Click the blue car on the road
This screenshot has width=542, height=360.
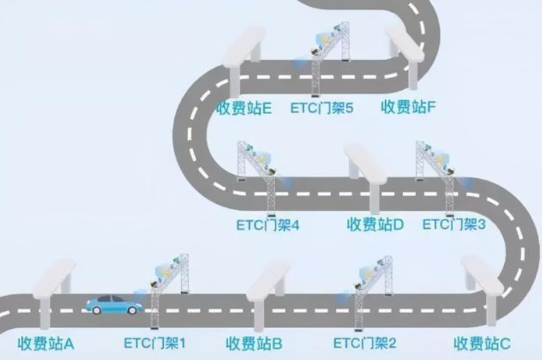click(114, 305)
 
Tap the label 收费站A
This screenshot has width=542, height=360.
click(46, 344)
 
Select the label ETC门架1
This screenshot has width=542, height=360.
click(155, 343)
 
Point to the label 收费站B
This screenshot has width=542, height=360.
click(254, 344)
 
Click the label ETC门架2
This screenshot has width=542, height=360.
click(365, 343)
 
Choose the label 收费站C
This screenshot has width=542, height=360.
click(482, 344)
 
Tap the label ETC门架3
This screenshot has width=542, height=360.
click(454, 225)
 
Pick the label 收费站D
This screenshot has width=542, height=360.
click(375, 225)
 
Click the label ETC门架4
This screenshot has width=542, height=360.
click(268, 225)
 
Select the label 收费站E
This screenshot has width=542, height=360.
click(244, 108)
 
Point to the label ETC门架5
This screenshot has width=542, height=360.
click(322, 108)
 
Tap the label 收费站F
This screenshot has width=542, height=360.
click(408, 107)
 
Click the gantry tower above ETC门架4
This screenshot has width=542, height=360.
click(257, 178)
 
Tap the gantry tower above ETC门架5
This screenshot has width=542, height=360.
click(330, 59)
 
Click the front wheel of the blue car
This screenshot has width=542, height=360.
click(131, 310)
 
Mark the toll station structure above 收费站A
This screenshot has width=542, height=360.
click(54, 294)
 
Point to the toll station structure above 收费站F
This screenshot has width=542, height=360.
click(405, 55)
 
